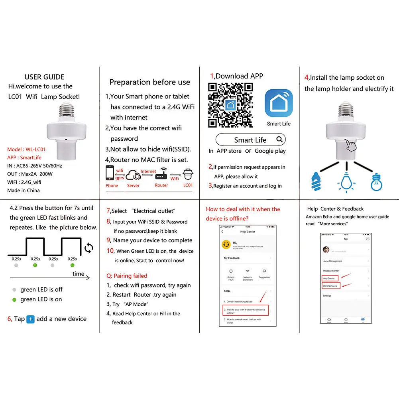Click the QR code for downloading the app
(230, 104)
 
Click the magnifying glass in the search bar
(280, 140)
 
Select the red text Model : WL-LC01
(26, 149)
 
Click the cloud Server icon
(134, 176)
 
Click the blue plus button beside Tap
(30, 319)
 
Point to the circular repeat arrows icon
(88, 248)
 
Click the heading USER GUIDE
(44, 77)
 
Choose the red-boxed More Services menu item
(330, 286)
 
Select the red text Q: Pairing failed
(127, 276)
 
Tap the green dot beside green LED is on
(14, 299)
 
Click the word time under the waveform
(78, 273)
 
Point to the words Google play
(270, 151)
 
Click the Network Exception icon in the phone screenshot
(248, 271)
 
